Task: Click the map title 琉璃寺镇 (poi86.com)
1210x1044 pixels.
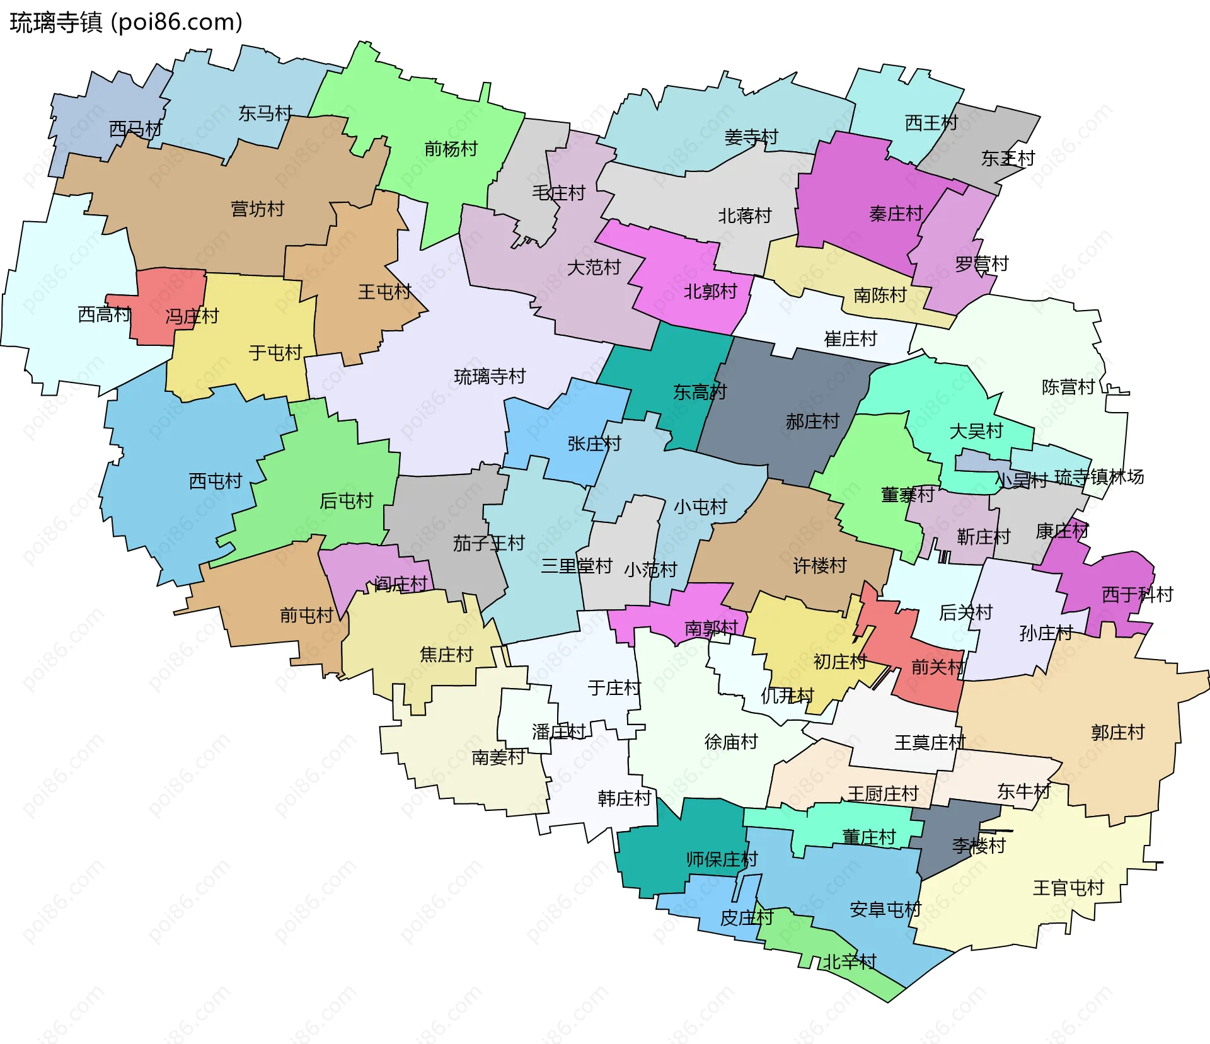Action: [126, 23]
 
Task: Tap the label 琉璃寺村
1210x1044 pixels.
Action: [490, 377]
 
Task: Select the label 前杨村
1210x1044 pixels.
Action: [451, 149]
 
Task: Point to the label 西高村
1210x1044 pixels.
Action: [104, 314]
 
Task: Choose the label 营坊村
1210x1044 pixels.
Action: [257, 209]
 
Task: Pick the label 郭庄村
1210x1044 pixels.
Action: [1117, 733]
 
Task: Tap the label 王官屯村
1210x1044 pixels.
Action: [1068, 888]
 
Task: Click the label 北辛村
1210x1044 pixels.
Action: [850, 962]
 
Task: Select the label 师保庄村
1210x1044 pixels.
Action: [722, 860]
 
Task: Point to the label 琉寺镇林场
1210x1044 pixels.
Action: [1099, 477]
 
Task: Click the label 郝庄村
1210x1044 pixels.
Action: [812, 422]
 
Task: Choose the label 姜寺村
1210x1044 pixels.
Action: [751, 137]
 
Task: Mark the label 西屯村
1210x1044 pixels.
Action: [216, 482]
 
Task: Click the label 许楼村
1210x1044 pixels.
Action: [819, 566]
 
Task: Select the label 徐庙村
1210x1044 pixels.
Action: [731, 742]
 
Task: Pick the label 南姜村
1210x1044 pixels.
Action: [498, 757]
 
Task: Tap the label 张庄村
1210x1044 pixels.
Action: [594, 444]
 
